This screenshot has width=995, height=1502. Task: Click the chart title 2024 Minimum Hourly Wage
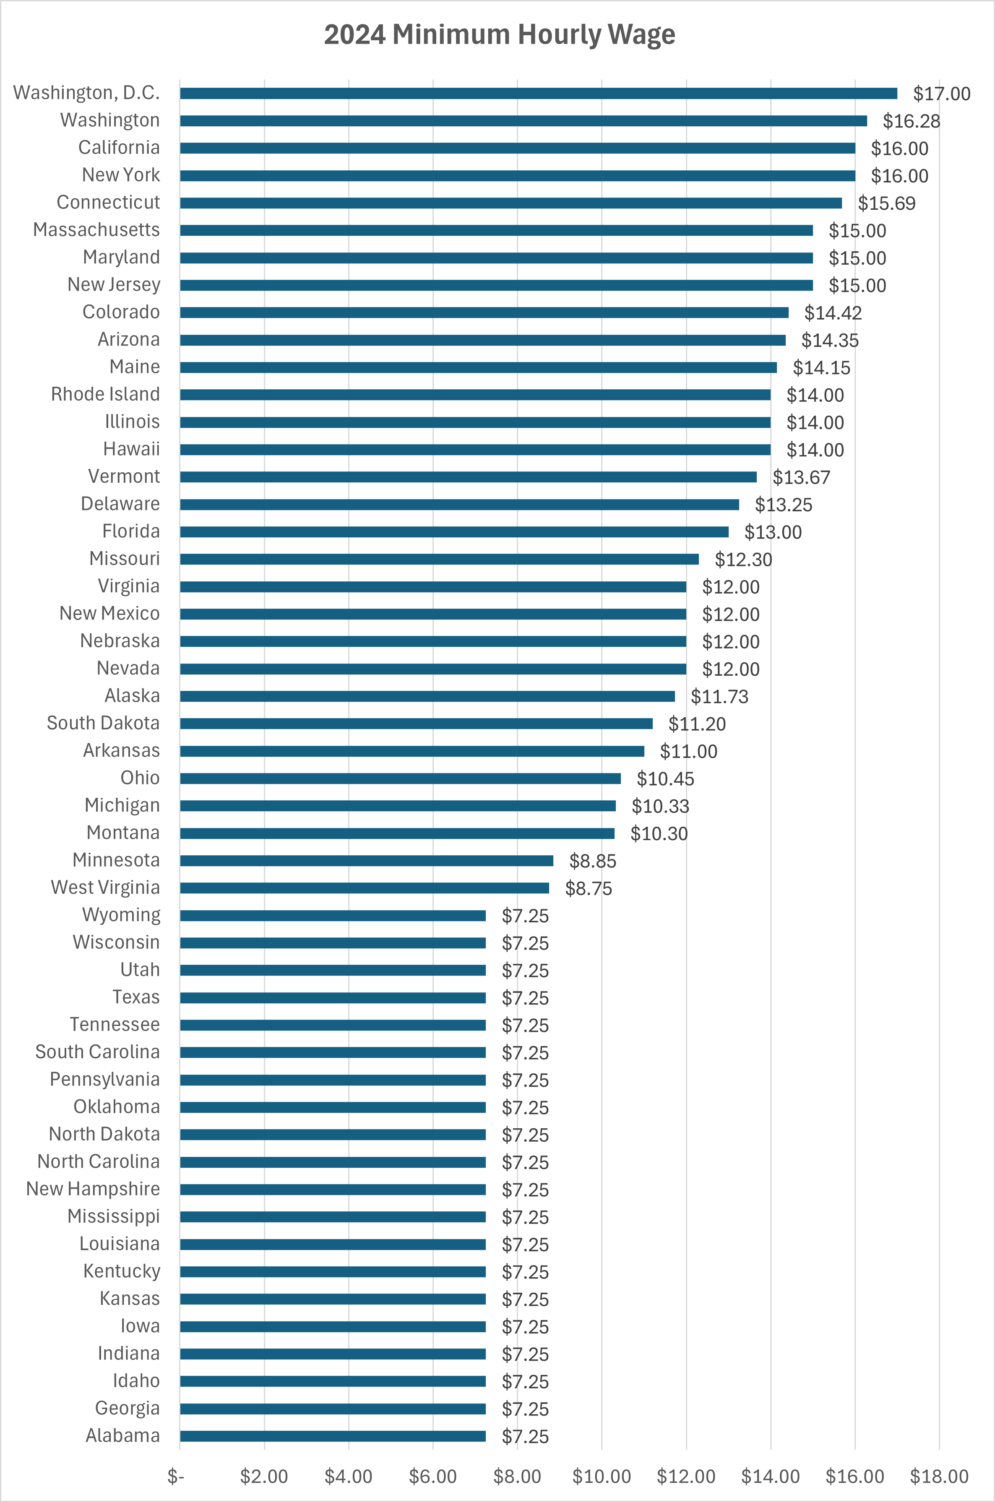[500, 35]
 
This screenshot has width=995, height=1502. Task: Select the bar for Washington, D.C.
[538, 93]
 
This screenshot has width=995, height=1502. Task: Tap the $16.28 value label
[911, 121]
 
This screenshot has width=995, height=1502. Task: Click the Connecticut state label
[109, 203]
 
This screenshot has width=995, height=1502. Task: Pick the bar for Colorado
[484, 312]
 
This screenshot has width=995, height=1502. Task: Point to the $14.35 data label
[829, 340]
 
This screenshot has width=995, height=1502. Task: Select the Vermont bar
[468, 476]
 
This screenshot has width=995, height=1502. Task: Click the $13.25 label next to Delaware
[783, 505]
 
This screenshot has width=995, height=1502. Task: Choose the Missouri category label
[124, 558]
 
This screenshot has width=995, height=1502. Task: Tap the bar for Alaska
[427, 696]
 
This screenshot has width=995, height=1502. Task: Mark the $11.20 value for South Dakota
[697, 724]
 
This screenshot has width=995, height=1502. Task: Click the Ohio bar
[400, 778]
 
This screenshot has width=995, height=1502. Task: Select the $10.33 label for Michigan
[660, 806]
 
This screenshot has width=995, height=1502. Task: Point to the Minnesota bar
[366, 860]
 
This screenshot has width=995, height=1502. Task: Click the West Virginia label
[105, 887]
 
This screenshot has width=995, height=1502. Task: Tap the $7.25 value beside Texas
[525, 997]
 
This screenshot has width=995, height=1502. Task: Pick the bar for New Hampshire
[333, 1189]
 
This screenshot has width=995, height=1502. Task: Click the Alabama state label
[122, 1435]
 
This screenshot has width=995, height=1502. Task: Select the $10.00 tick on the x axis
[601, 1476]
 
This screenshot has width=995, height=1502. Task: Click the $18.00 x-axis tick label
[938, 1476]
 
